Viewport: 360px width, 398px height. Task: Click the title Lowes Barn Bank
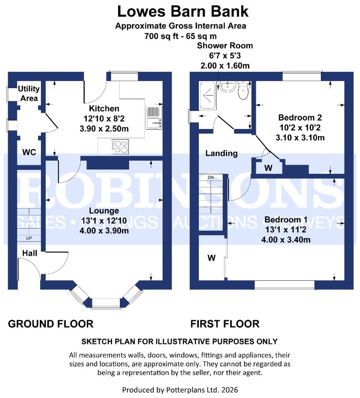183,12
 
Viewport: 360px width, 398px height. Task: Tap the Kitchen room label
104,109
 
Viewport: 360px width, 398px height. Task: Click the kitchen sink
154,118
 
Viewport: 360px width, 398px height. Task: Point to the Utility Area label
29,94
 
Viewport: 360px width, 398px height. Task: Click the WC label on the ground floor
29,152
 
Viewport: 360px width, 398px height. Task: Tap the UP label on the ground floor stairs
29,238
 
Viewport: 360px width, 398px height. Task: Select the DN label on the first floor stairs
211,178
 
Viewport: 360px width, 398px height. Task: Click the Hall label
29,253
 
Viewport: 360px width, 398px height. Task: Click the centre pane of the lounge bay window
106,303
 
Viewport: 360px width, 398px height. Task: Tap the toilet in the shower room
243,92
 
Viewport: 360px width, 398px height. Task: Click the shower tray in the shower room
209,95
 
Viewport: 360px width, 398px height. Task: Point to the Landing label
221,153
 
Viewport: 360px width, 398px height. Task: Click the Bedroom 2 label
300,118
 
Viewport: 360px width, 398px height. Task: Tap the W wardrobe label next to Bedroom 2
268,168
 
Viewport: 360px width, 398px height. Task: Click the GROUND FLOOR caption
51,324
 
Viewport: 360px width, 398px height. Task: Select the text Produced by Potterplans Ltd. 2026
180,390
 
